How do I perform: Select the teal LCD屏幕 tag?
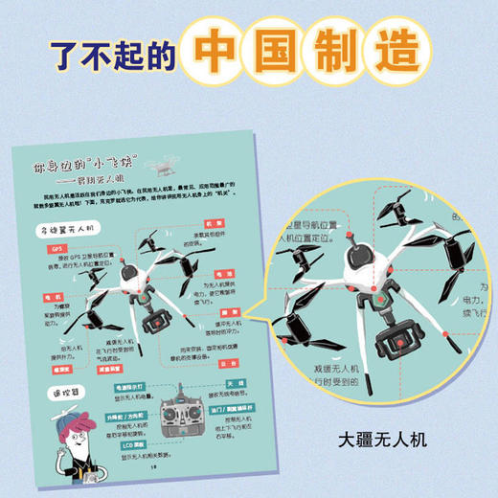coord(125,441)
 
